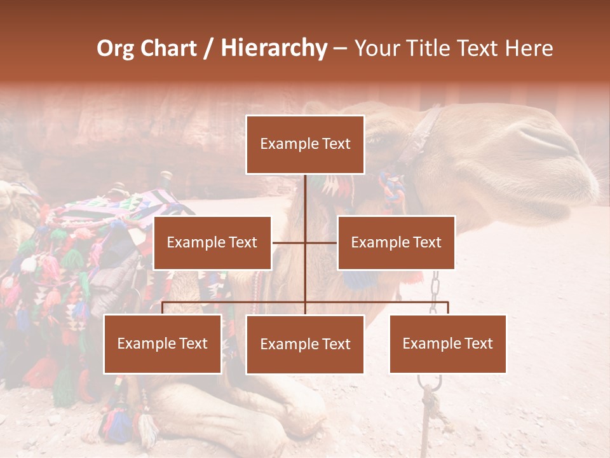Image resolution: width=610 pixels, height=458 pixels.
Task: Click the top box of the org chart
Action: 305,144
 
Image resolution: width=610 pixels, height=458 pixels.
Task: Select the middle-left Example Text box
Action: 212,242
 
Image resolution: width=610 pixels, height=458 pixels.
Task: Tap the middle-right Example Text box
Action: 396,242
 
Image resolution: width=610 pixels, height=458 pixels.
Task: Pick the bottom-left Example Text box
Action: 162,344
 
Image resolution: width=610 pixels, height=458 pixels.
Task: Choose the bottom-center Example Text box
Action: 305,345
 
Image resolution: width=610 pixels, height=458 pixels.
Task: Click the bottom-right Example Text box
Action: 447,344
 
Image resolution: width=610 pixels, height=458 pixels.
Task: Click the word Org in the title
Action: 115,48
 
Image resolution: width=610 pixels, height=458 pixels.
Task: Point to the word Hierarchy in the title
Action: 274,48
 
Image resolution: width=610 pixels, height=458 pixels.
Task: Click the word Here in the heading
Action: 529,48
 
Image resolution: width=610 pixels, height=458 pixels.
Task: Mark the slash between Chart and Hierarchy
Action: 208,49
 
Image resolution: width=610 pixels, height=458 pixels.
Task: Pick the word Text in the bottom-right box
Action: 478,344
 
